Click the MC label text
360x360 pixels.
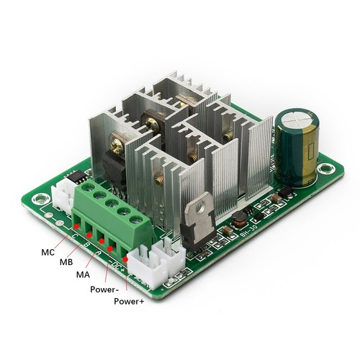click(48, 253)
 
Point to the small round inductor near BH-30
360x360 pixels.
click(225, 231)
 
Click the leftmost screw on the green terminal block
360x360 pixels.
click(89, 189)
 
